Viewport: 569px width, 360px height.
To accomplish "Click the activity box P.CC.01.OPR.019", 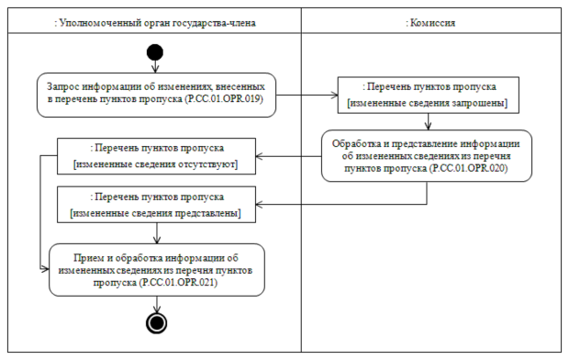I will [156, 93].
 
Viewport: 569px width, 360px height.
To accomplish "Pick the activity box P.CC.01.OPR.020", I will [427, 156].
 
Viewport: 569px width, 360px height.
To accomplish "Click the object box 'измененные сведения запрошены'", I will [428, 93].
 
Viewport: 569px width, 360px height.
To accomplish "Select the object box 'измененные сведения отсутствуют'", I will [156, 156].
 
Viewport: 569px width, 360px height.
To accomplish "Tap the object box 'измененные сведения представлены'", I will [156, 204].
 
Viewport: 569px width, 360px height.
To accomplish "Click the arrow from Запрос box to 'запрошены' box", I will [307, 93].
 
